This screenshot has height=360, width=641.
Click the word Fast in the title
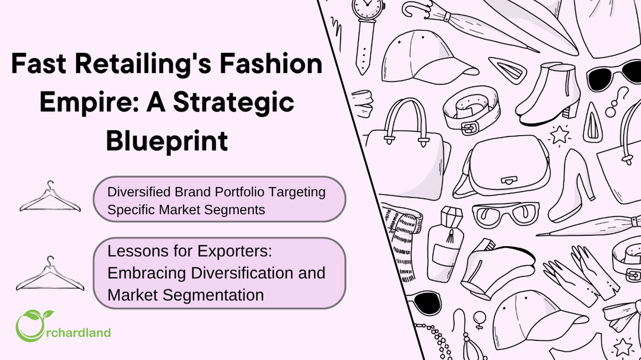(39, 63)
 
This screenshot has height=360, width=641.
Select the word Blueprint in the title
(167, 141)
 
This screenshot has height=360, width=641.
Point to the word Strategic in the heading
(234, 102)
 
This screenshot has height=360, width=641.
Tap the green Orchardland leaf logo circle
(30, 326)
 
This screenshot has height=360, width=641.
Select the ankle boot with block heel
(548, 94)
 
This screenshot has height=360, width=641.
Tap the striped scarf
(400, 241)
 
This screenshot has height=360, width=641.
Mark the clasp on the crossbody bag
(509, 180)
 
